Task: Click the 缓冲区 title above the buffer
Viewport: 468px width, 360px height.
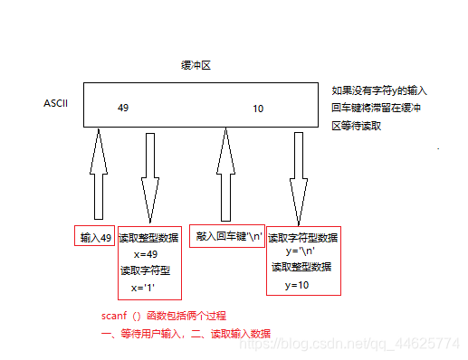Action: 196,66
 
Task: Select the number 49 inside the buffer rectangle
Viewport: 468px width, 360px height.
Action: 124,108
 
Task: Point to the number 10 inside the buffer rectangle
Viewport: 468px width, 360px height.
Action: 258,109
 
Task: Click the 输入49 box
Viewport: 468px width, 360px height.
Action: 95,238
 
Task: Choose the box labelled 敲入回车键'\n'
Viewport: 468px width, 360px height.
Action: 228,236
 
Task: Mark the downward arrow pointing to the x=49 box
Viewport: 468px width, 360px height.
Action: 149,176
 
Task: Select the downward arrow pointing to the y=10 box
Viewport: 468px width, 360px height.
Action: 298,176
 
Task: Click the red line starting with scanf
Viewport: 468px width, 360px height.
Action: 163,316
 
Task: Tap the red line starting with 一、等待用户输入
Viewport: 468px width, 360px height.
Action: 186,332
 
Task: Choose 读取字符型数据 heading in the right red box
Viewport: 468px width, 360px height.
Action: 303,237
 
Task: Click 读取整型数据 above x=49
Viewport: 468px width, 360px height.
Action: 148,238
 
